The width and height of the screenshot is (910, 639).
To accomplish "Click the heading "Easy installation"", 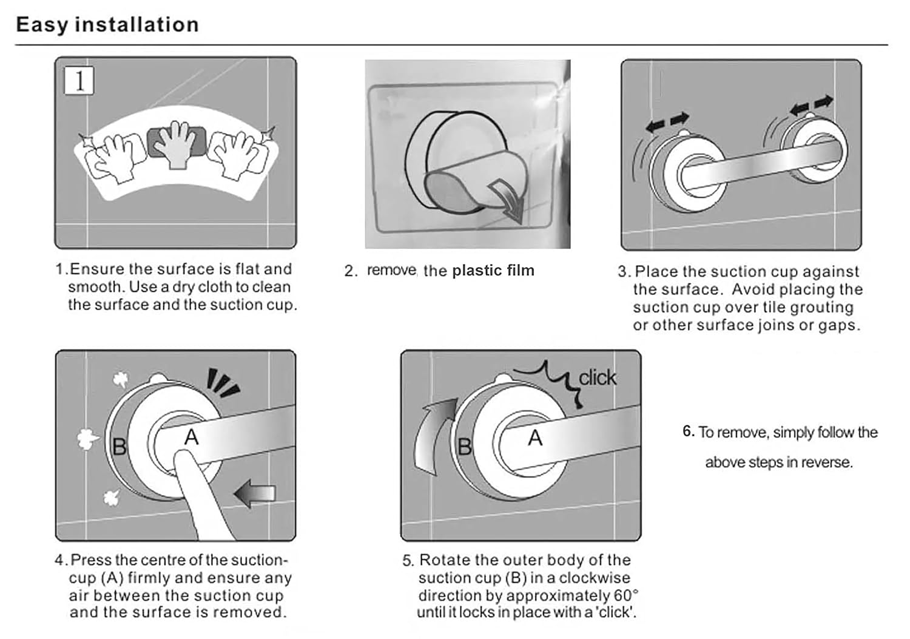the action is click(107, 25).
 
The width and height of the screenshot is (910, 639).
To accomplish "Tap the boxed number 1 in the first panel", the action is click(79, 81).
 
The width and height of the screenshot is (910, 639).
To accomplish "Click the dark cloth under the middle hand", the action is click(177, 142).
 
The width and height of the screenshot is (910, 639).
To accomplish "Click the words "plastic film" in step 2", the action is click(493, 271).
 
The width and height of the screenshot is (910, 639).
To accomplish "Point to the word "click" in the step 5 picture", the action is click(597, 378).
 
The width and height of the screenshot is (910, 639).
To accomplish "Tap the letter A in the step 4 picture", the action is click(191, 438).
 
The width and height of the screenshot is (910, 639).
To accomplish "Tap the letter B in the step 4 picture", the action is click(119, 447).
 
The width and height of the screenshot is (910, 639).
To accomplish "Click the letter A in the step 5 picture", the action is click(535, 438).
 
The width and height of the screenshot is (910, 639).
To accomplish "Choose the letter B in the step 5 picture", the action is click(465, 447).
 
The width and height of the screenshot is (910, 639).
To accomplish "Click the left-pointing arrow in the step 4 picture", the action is click(255, 493).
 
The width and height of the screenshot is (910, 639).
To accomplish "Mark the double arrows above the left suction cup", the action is click(667, 122).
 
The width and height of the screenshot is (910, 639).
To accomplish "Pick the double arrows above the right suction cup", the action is click(812, 104).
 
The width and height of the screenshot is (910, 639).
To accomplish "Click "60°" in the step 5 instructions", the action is click(626, 595).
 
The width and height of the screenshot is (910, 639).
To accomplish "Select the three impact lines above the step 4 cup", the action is click(222, 382).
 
